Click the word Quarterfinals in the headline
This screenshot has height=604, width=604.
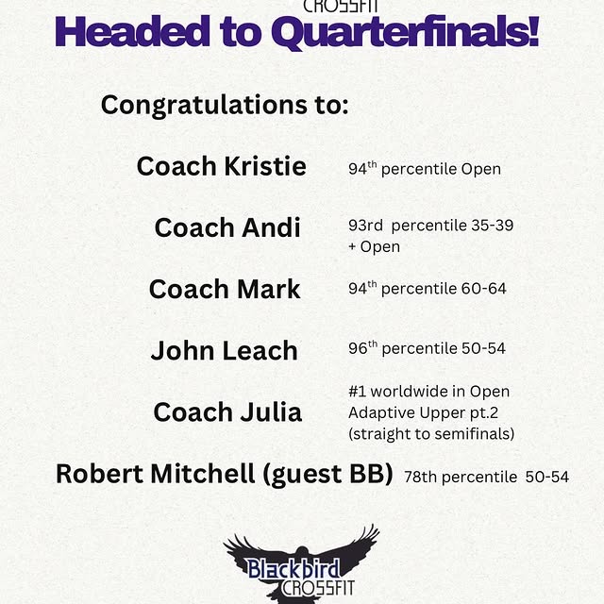[x=405, y=34]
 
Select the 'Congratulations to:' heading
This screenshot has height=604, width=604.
[x=225, y=104]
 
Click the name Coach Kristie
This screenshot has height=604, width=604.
[x=222, y=166]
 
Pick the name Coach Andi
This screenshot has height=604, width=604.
[x=227, y=227]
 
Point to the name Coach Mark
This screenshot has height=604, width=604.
[x=225, y=289]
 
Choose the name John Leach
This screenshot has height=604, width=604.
[x=224, y=350]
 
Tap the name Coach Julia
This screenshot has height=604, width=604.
[x=227, y=411]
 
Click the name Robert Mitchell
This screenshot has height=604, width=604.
[x=150, y=473]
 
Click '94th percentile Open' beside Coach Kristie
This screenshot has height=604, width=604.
[x=424, y=169]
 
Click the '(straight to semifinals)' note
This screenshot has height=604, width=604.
[x=431, y=433]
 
